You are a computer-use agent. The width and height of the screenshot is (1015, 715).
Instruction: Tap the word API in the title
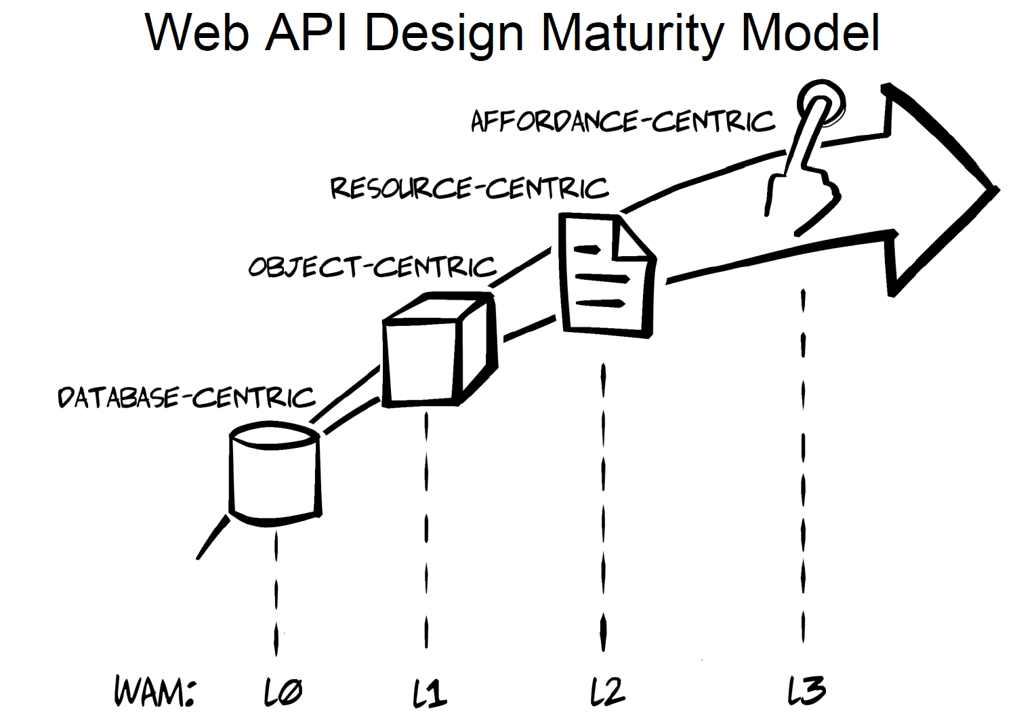[x=306, y=32]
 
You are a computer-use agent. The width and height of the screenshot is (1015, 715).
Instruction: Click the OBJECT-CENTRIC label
[x=372, y=266]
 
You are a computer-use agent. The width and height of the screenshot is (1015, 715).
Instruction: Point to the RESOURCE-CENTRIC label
[x=469, y=187]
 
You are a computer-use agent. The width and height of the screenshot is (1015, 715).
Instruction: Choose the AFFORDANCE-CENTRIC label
[x=622, y=121]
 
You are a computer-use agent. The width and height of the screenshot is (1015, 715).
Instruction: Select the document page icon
[x=606, y=274]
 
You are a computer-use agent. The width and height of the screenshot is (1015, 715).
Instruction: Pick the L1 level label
[x=430, y=692]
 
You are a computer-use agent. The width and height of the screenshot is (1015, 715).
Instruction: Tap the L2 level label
[x=607, y=691]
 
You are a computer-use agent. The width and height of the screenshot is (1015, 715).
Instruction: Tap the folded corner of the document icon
[x=634, y=241]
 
